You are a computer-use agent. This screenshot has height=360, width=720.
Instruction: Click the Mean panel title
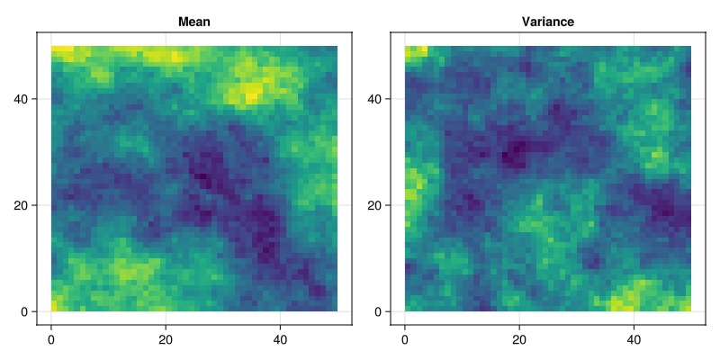(x=194, y=22)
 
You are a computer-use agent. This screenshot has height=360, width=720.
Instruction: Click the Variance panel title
(x=548, y=22)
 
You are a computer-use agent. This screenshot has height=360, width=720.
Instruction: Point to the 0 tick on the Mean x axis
(x=51, y=339)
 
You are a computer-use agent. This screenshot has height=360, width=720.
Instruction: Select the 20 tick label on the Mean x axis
(x=166, y=339)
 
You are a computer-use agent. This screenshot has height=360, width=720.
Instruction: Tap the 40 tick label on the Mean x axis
(x=280, y=339)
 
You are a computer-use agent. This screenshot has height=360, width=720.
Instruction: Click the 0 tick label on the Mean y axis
(x=27, y=311)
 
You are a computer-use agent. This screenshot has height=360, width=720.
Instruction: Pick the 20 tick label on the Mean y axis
(x=24, y=205)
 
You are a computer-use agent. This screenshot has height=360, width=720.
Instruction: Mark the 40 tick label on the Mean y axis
(x=24, y=99)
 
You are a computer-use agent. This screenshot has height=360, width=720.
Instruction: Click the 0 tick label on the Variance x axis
(x=404, y=339)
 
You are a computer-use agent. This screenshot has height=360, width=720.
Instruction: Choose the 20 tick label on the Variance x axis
(x=519, y=339)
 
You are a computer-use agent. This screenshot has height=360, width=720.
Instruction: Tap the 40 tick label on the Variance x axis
(x=634, y=339)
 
